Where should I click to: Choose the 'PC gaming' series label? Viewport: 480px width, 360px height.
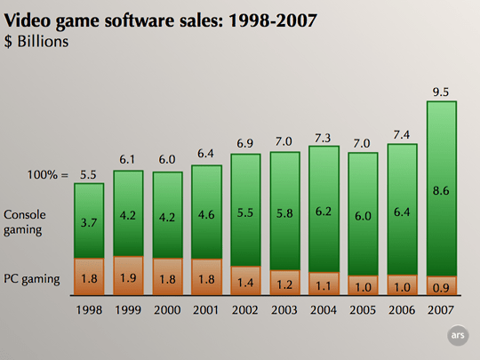pyautogui.click(x=31, y=279)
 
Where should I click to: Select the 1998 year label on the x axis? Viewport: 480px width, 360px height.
pyautogui.click(x=89, y=312)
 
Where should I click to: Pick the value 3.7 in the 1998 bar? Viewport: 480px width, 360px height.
pyautogui.click(x=89, y=221)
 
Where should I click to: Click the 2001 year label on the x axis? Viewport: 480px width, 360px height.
pyautogui.click(x=206, y=312)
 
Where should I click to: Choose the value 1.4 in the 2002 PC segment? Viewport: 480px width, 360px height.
pyautogui.click(x=245, y=285)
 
